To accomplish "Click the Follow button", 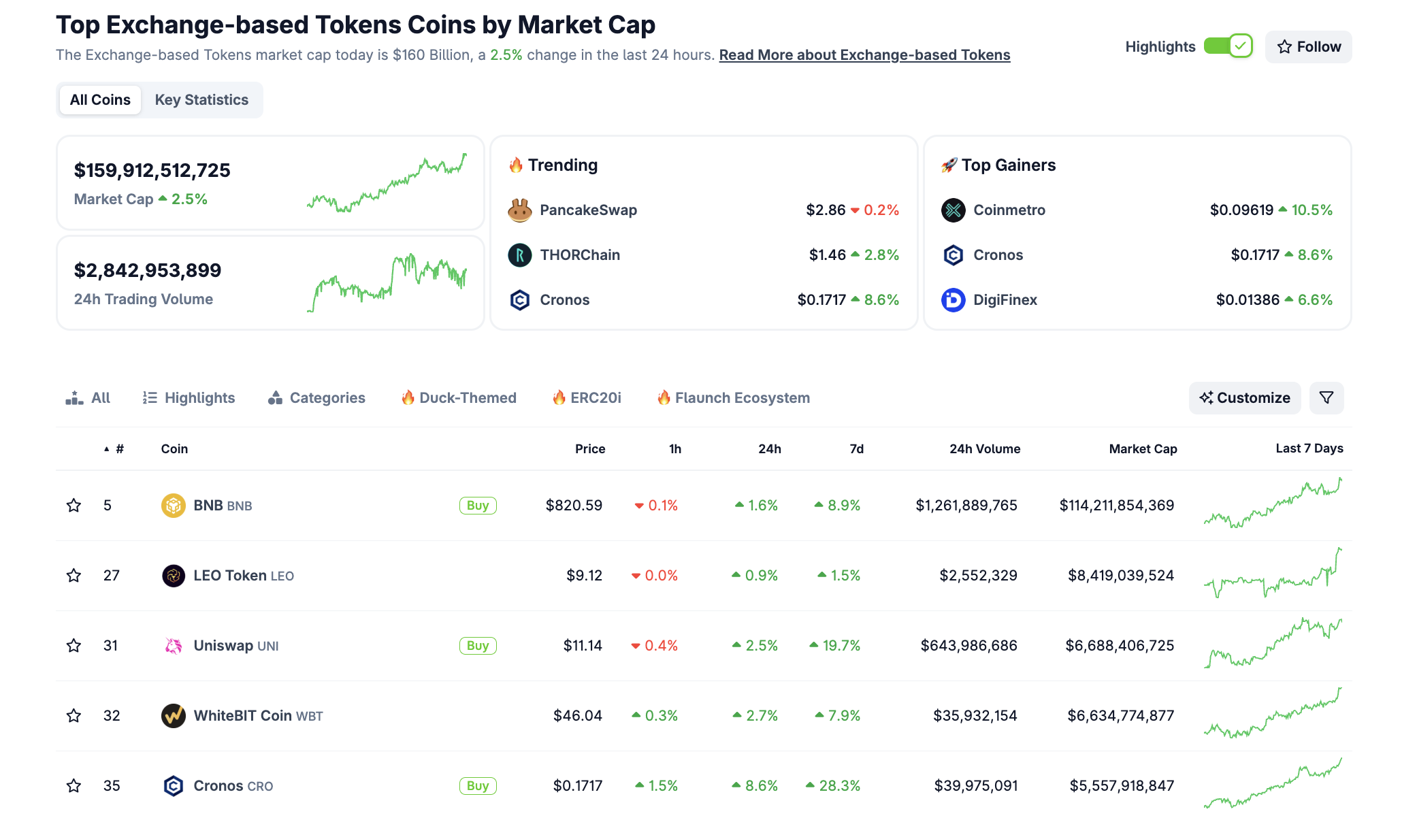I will click(1308, 47).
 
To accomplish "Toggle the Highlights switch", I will click(1228, 46).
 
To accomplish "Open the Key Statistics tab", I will click(201, 100).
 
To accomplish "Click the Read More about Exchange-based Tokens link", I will click(864, 55).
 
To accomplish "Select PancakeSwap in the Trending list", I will click(588, 210).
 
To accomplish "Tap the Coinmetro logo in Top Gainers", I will click(953, 210).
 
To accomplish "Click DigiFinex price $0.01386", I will click(1248, 300).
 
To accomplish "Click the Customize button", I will click(1245, 398).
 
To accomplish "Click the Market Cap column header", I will click(1143, 449).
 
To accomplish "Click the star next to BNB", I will click(74, 506).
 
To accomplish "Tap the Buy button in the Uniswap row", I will click(478, 646).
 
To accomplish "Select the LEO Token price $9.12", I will click(584, 576).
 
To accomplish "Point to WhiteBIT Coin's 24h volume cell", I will click(975, 716).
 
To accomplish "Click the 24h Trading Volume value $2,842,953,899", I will click(148, 271).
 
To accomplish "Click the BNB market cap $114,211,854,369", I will click(1116, 506).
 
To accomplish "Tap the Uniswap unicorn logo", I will click(174, 646).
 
